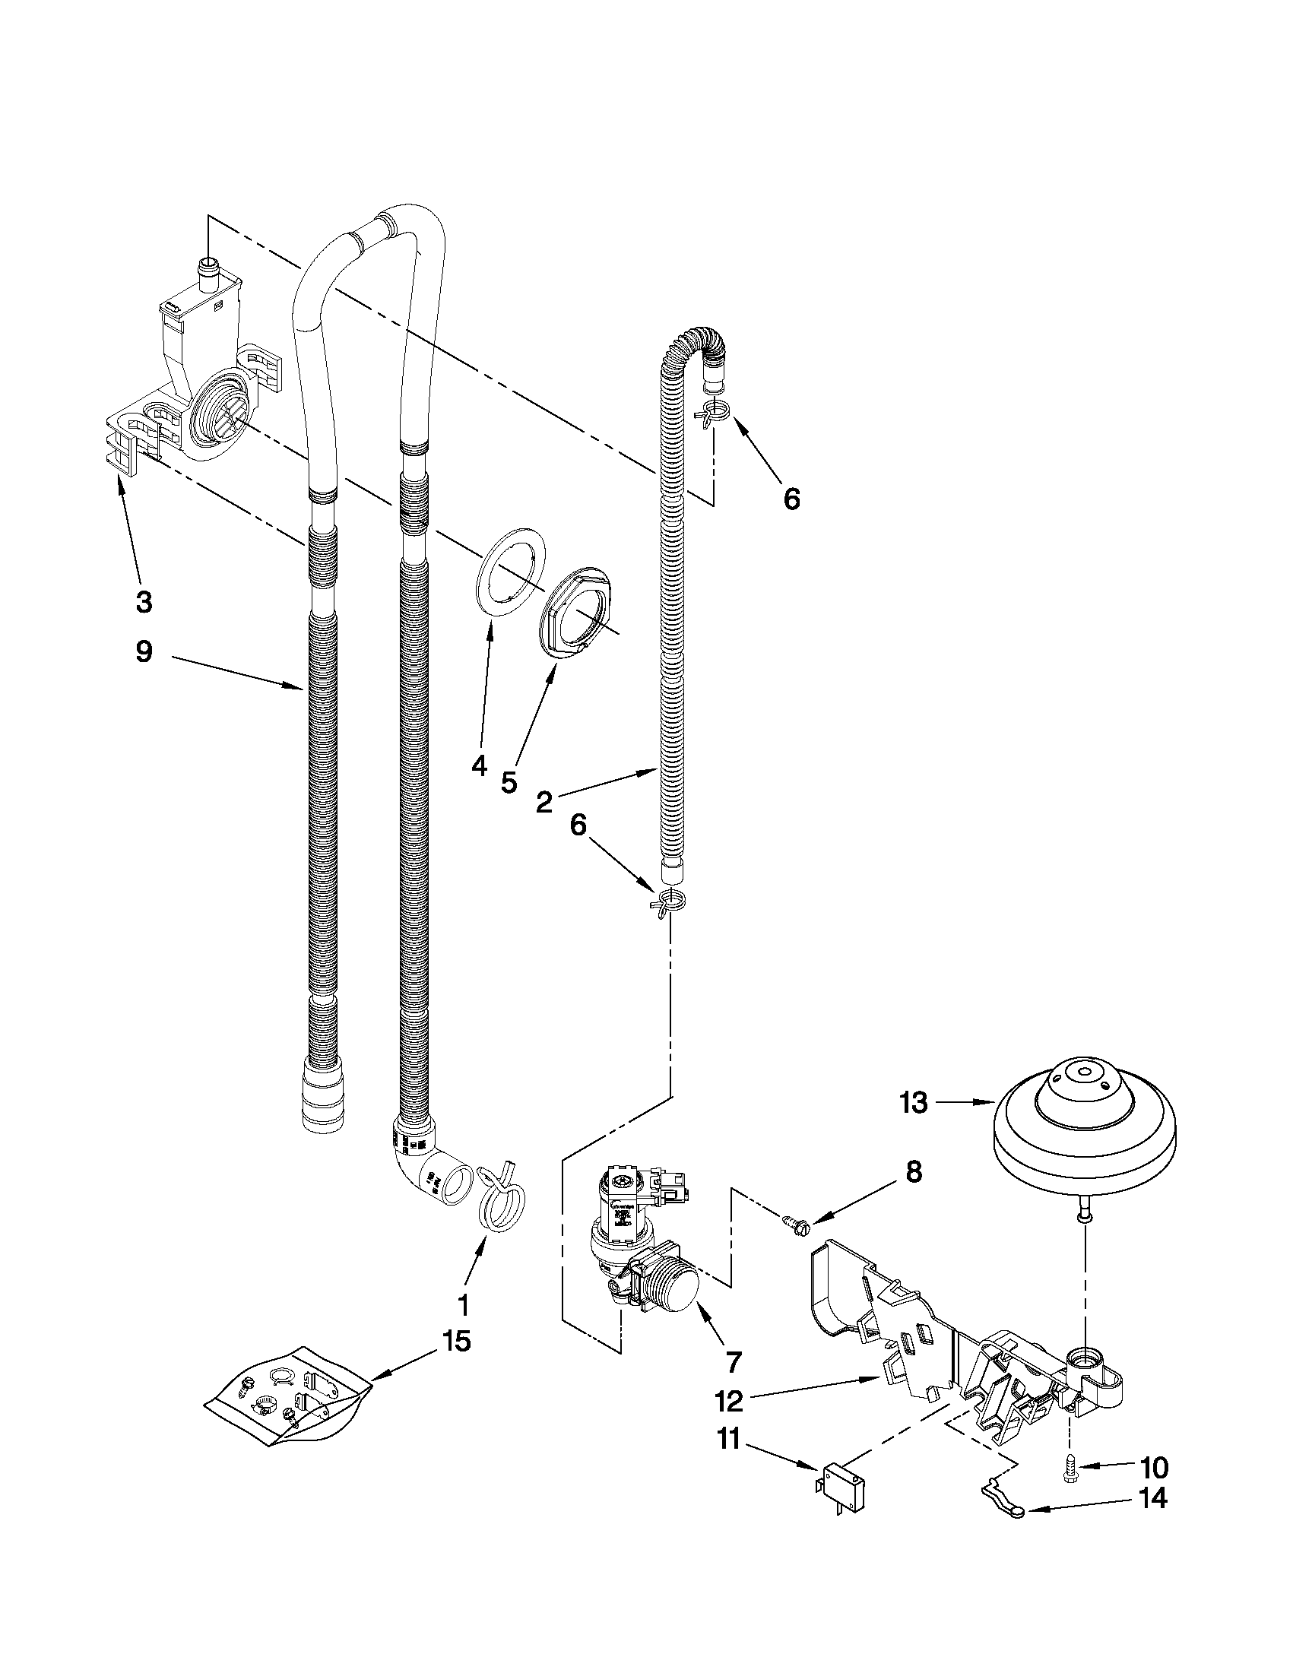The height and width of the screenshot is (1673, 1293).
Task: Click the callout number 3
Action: point(143,602)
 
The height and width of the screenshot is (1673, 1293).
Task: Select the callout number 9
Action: point(143,652)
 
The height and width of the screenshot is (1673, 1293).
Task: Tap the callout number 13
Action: point(914,1103)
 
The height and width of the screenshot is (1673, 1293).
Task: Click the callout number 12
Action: point(728,1401)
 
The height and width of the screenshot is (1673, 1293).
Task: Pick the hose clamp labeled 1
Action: point(496,1208)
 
